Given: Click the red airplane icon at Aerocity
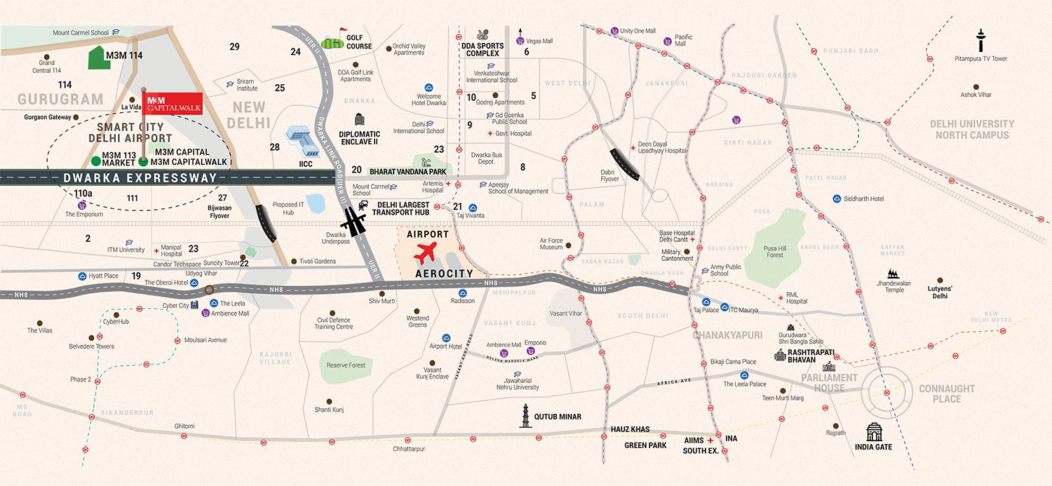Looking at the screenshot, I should click(425, 252).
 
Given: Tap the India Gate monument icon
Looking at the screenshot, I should click(874, 431).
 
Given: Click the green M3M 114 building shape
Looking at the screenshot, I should click(99, 59).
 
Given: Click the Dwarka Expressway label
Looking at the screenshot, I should click(140, 178).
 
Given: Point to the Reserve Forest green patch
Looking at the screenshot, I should click(346, 365).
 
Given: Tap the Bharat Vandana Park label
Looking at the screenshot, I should click(407, 170).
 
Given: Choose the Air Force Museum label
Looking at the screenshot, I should click(551, 243).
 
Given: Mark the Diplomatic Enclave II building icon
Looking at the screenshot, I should click(360, 119).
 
